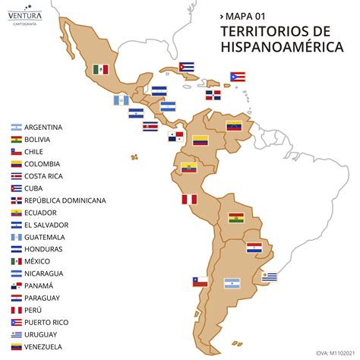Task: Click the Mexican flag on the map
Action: (101, 69)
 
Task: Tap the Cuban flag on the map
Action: (187, 67)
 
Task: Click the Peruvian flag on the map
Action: (188, 200)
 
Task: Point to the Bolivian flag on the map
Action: (236, 218)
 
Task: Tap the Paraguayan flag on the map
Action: (254, 248)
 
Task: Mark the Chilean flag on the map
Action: (200, 281)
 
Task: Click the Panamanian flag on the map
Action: (176, 137)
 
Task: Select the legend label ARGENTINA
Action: (43, 127)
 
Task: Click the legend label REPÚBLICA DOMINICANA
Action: (65, 201)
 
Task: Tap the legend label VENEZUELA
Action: (44, 347)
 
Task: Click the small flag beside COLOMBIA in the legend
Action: (14, 163)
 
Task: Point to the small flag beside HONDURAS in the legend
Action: (14, 249)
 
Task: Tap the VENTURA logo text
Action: (25, 15)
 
